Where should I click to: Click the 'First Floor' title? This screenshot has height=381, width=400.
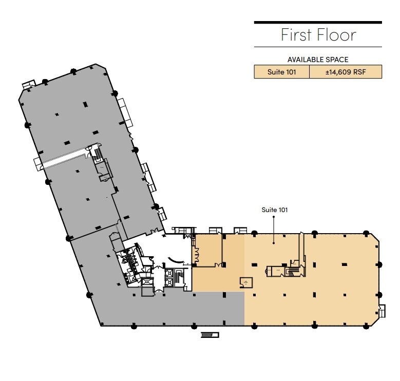(x=318, y=35)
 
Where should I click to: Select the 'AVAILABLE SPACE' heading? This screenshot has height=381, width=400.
(x=318, y=60)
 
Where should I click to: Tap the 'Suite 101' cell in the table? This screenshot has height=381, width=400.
(x=281, y=72)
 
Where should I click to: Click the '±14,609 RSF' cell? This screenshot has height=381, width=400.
(x=345, y=72)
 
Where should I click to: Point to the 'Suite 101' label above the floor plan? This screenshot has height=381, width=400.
(x=274, y=209)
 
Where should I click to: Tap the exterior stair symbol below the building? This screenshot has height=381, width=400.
(x=209, y=335)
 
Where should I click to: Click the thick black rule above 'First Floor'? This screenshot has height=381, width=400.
(x=318, y=22)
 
